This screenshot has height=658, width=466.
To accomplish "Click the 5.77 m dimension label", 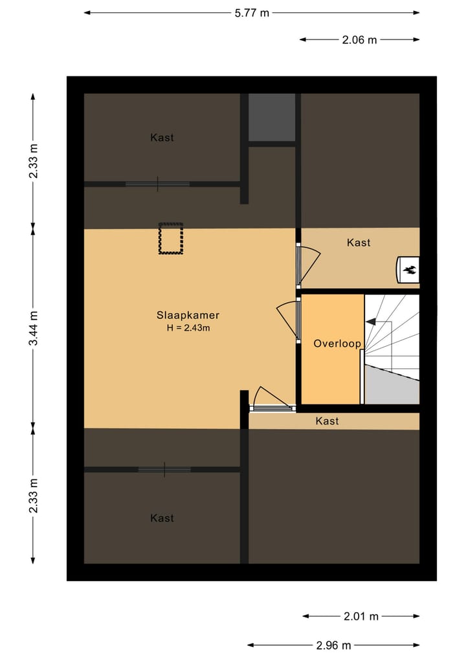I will click(251, 13).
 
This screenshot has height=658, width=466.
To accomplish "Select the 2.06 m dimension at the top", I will click(359, 39).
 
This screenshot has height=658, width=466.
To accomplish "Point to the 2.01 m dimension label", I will click(361, 617).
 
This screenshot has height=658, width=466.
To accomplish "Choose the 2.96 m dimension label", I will click(333, 645).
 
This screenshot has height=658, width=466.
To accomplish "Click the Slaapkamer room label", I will click(188, 315).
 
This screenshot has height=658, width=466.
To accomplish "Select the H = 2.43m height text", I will click(188, 328).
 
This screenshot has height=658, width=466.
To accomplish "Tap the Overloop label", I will click(337, 344).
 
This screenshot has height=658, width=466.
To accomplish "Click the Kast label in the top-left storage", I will click(162, 137).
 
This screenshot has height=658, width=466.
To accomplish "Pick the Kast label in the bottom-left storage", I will click(162, 518).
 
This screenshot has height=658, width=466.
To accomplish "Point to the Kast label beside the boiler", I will click(359, 243).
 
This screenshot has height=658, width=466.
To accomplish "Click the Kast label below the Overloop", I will click(327, 421).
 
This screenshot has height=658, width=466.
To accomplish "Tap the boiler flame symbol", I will click(409, 270).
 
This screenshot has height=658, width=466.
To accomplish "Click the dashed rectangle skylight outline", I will click(171, 239).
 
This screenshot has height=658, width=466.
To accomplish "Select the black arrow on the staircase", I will click(371, 321).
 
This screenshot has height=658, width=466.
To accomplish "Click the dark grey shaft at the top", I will click(272, 117).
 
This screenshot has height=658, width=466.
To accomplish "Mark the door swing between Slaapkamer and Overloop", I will click(287, 317).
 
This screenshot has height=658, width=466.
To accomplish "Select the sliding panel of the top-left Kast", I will click(157, 184).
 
